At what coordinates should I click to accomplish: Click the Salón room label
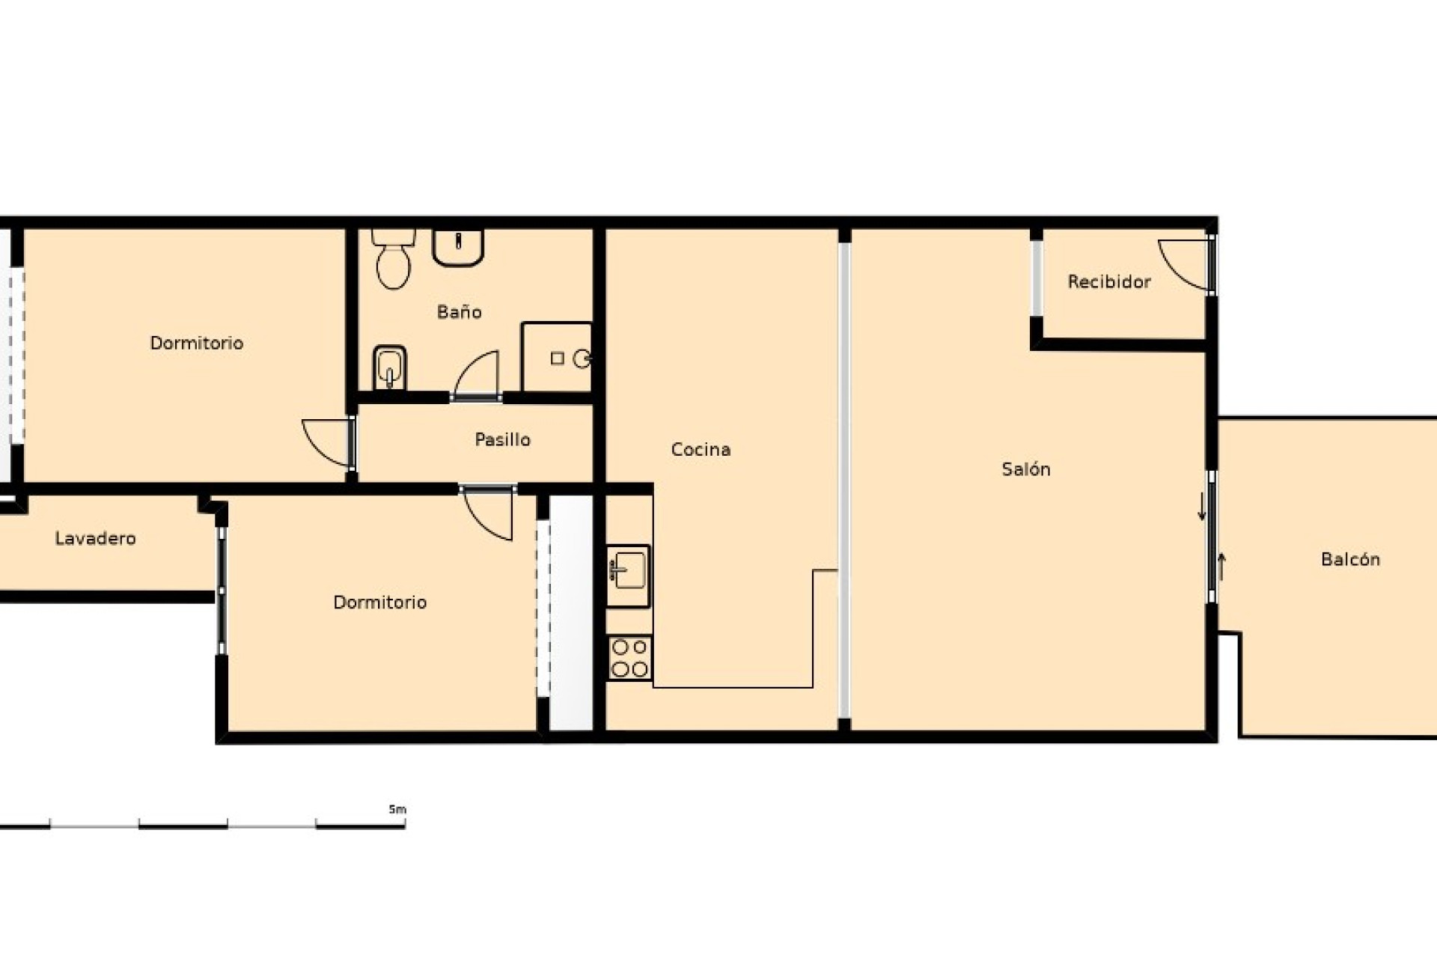[x=1025, y=469]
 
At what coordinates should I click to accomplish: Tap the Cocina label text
[x=701, y=450]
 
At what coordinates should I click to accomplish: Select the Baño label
[x=459, y=312]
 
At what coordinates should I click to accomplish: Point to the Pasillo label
[x=502, y=439]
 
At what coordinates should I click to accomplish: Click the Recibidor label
[x=1108, y=282]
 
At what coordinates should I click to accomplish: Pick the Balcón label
[x=1350, y=559]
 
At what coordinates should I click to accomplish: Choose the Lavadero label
[x=95, y=538]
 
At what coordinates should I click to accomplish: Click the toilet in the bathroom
[x=393, y=259]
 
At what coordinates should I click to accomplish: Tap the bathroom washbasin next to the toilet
[x=457, y=248]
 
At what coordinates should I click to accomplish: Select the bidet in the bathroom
[x=388, y=367]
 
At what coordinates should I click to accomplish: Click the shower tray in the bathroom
[x=557, y=358]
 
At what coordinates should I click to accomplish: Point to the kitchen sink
[x=628, y=576]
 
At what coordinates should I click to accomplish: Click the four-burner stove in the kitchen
[x=629, y=658]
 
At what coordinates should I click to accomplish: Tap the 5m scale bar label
[x=397, y=810]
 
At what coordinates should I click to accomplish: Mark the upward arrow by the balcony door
[x=1221, y=567]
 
